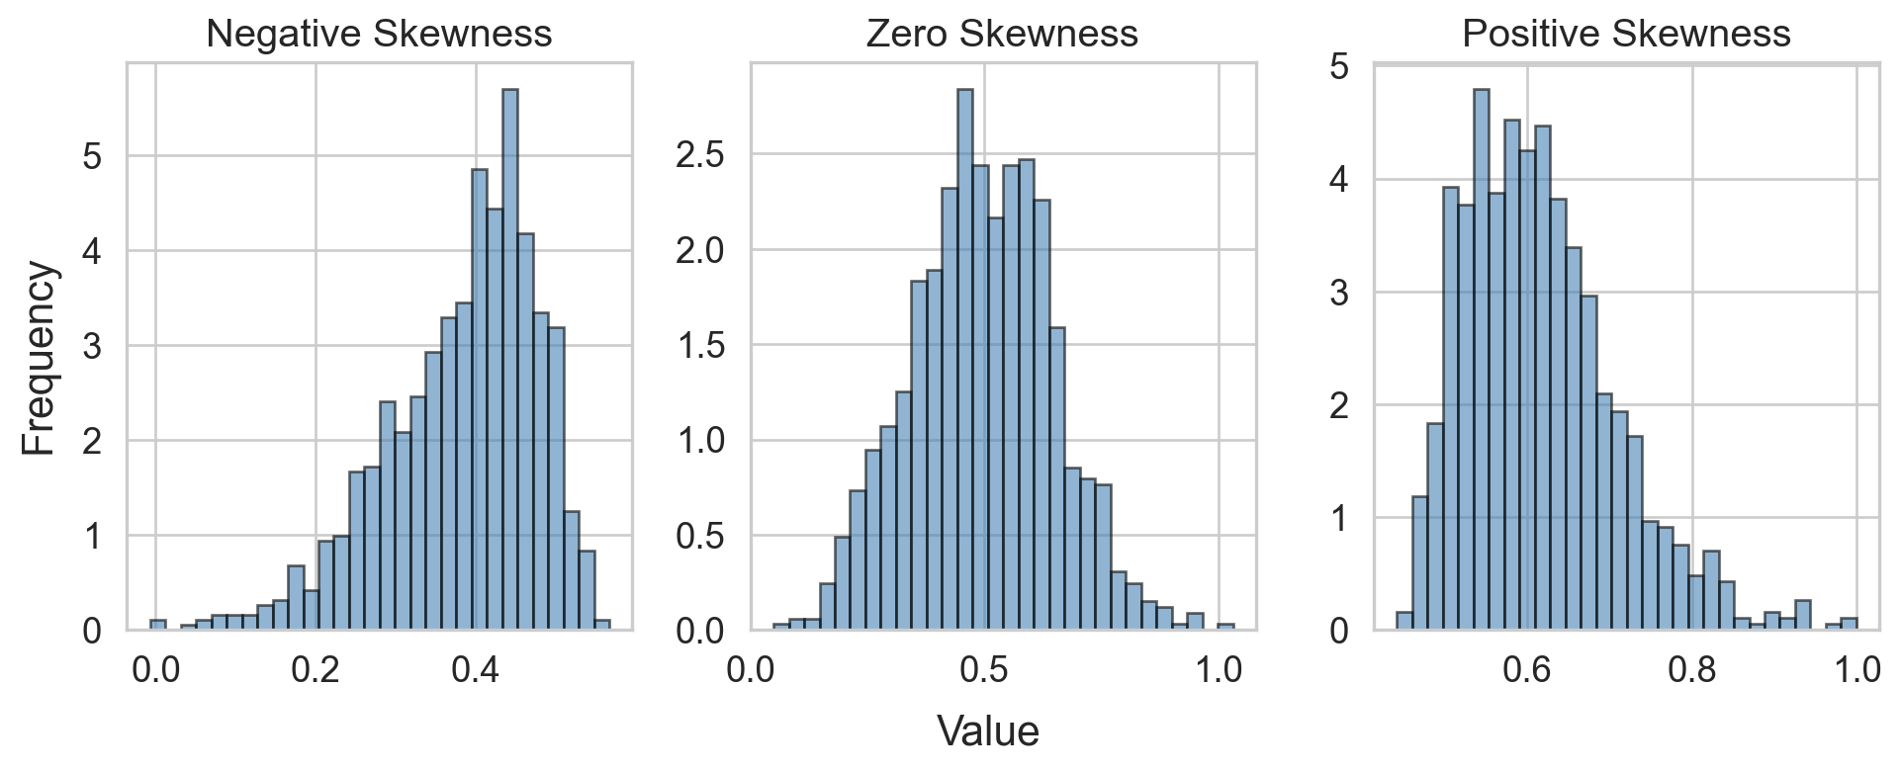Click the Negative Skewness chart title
click(x=379, y=35)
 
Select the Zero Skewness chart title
click(x=1002, y=35)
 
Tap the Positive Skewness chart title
click(x=1626, y=35)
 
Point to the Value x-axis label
click(x=987, y=732)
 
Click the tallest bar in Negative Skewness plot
click(x=510, y=360)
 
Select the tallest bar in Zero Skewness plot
click(x=965, y=360)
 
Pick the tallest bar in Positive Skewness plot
click(x=1481, y=360)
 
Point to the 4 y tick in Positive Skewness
click(x=1339, y=180)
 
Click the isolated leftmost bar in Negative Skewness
click(x=157, y=625)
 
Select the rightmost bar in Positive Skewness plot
click(x=1849, y=624)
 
